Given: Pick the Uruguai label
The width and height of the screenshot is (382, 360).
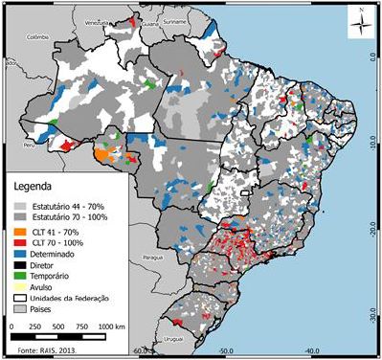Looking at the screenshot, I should point(199,337).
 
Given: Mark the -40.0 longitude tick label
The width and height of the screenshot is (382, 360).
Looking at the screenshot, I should point(312,352).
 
